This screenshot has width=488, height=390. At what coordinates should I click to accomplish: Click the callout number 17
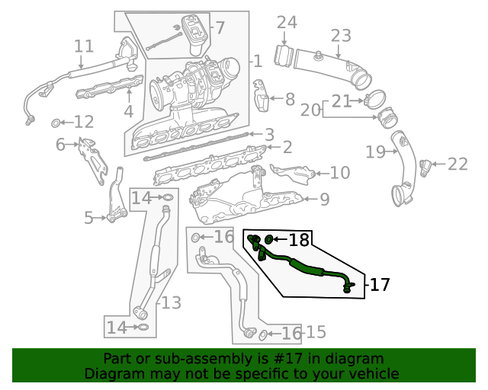(x=380, y=286)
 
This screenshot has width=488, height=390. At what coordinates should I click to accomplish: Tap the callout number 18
(x=299, y=241)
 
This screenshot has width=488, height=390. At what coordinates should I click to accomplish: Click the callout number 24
(x=286, y=23)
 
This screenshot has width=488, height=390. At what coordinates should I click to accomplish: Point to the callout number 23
(x=341, y=36)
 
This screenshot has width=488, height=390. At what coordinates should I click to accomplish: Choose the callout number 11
(x=83, y=46)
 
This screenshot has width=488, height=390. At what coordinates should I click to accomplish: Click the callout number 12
(x=83, y=122)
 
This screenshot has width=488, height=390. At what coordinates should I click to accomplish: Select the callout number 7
(x=220, y=29)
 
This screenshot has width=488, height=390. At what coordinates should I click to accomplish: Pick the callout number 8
(x=289, y=99)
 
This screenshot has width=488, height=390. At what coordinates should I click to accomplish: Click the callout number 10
(x=340, y=174)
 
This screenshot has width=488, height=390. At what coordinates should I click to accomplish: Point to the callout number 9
(x=324, y=200)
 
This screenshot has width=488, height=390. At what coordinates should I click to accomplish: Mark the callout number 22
(x=457, y=164)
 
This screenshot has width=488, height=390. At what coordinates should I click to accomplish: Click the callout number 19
(x=375, y=152)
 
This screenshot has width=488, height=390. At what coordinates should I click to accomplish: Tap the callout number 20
(x=310, y=111)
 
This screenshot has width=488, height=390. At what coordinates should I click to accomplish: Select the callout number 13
(x=171, y=303)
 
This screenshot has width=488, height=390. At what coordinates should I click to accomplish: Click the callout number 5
(x=89, y=219)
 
